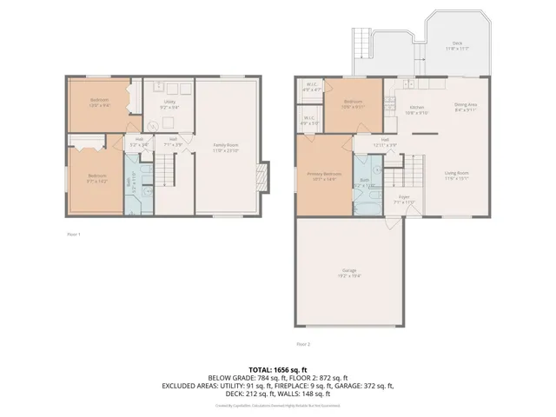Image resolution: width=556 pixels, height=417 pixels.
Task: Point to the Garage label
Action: [349, 272]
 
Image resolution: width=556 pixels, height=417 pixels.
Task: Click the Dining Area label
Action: [466, 108]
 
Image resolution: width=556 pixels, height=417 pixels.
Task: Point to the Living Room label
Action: [457, 176]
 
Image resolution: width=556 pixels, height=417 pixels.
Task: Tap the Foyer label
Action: [404, 199]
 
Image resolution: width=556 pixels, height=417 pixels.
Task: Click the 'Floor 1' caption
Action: [74, 235]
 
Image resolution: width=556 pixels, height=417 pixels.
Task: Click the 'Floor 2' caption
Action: [351, 344]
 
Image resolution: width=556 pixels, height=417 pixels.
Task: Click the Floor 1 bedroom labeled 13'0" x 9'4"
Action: [100, 103]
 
